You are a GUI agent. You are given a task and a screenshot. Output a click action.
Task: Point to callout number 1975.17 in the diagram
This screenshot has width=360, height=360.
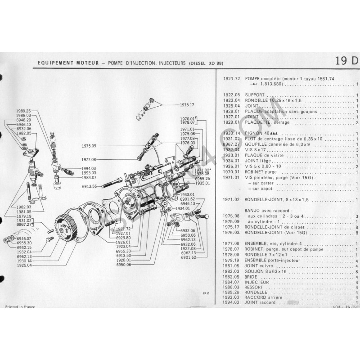tap(186, 105)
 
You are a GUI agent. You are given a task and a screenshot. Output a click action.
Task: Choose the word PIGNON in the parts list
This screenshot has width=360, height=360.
tap(255, 134)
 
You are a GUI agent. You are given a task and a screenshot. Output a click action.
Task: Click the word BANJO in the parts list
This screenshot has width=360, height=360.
tap(252, 210)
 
